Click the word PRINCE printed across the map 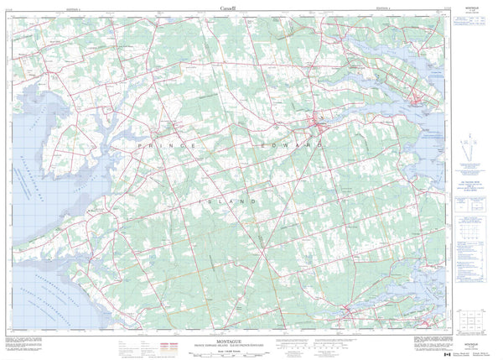tap(168, 145)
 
